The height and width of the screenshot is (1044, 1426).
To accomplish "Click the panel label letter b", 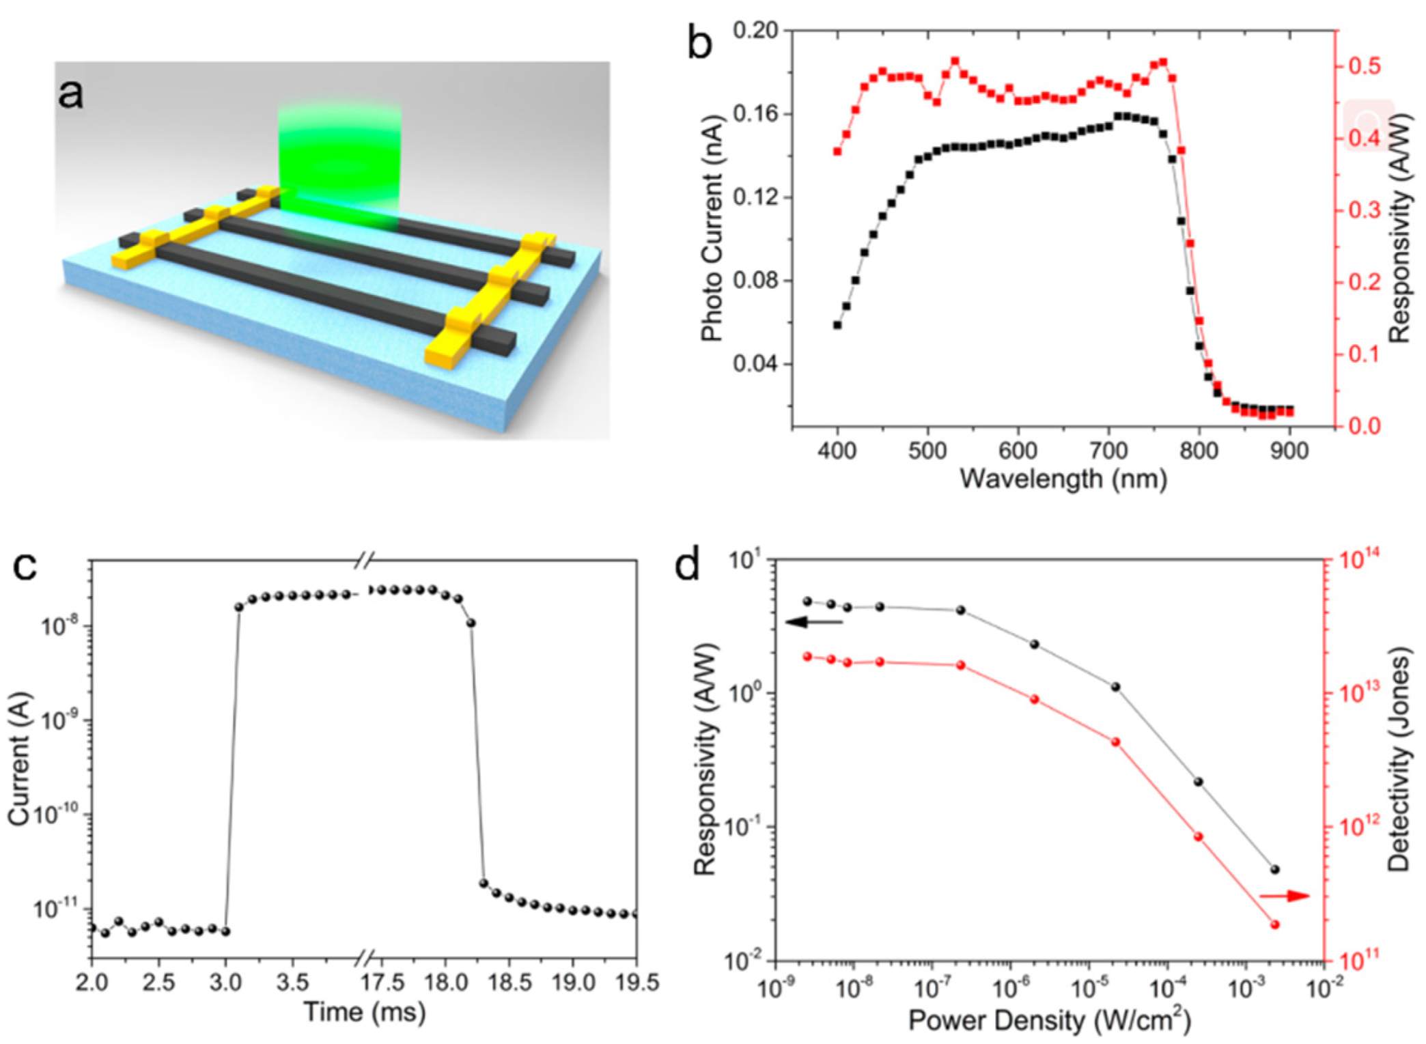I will [x=699, y=42].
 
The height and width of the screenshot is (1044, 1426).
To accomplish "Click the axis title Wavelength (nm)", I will [x=1063, y=479].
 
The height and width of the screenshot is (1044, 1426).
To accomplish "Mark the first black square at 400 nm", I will [x=837, y=325].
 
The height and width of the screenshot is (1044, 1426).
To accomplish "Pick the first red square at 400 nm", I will [x=837, y=152].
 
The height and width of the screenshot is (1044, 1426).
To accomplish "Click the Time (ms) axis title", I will [x=364, y=1011].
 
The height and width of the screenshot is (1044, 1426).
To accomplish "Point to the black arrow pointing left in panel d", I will [x=813, y=622].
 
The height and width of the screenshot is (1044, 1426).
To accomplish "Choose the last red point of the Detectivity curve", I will [x=1274, y=925].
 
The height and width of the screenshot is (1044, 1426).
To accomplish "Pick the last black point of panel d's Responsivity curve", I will [x=1274, y=870].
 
